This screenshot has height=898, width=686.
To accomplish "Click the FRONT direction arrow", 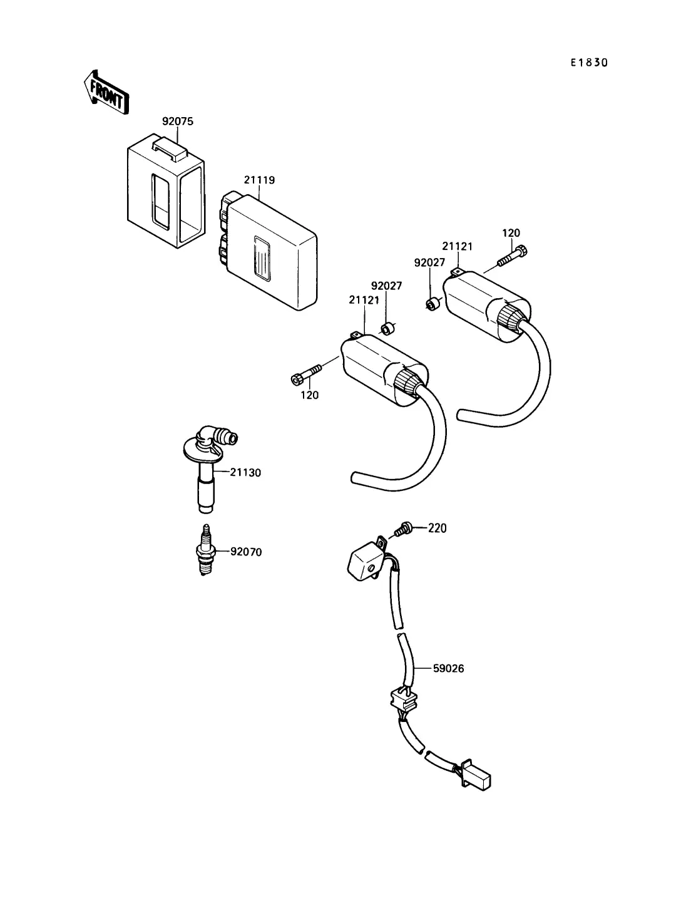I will (106, 91).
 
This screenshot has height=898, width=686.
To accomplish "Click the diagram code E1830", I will (588, 63).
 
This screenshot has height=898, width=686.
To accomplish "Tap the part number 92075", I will (177, 121).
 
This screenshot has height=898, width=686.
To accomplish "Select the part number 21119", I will (259, 180).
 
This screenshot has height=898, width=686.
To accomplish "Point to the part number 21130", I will (245, 473).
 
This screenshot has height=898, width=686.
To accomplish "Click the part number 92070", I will (246, 552).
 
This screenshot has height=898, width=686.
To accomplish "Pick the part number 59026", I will (448, 669).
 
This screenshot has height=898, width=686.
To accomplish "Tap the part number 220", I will (438, 529).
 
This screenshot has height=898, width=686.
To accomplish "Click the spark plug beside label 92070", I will (205, 550).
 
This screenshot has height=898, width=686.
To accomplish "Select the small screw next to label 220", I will (403, 530).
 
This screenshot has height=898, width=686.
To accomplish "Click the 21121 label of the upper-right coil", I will (458, 247).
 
